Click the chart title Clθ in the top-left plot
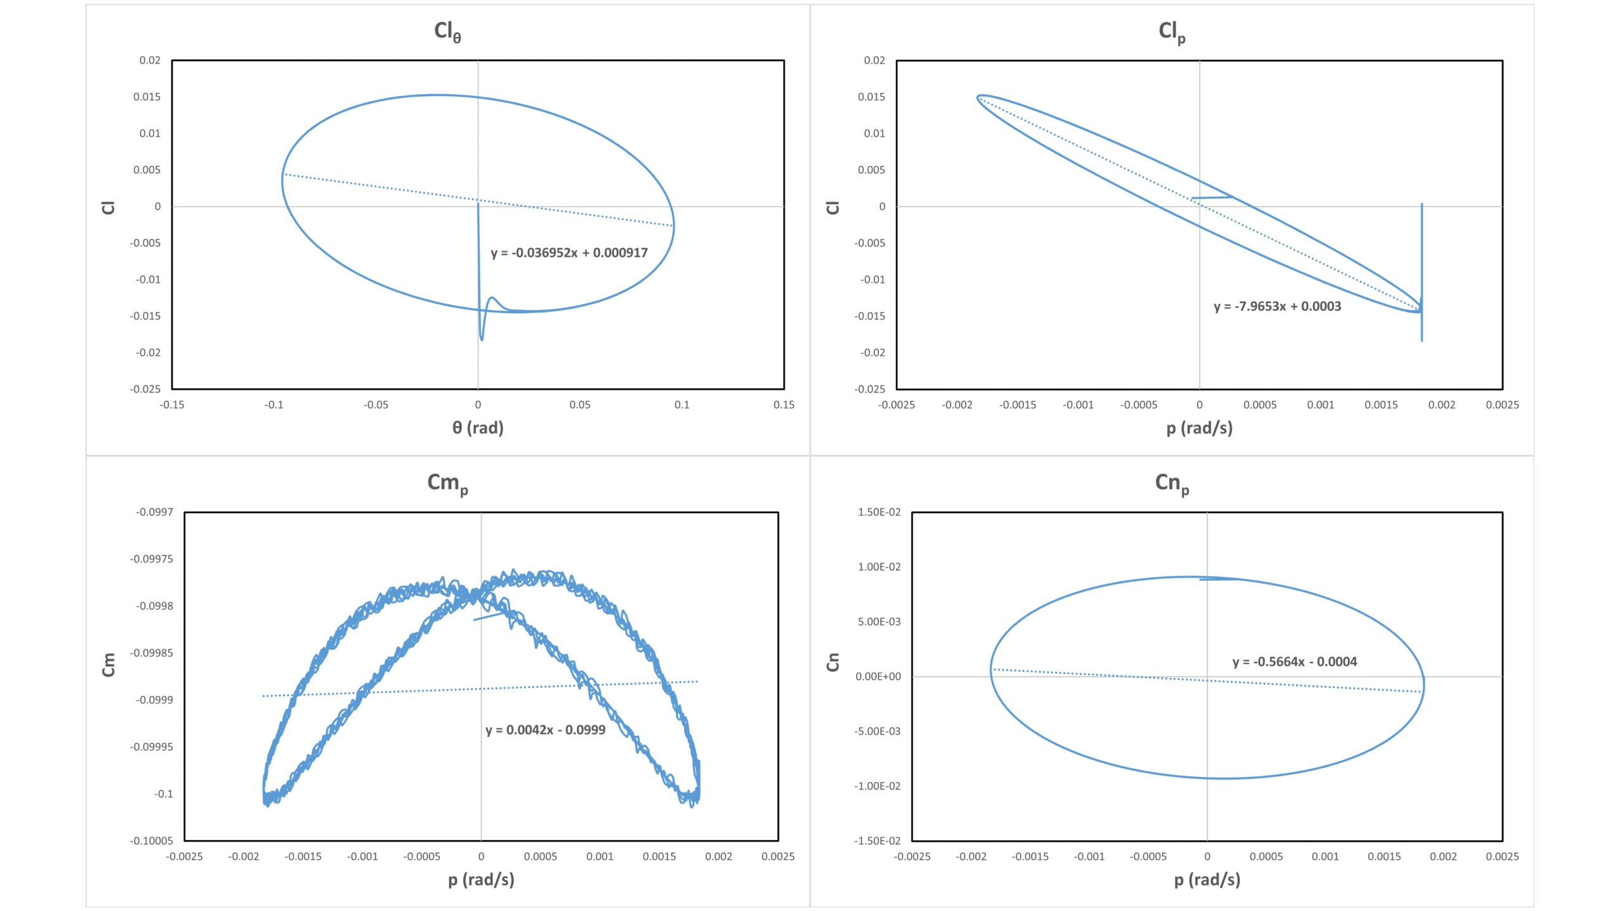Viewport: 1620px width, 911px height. [x=447, y=32]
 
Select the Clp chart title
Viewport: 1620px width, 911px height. [x=1172, y=32]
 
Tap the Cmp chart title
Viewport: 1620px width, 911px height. [x=447, y=483]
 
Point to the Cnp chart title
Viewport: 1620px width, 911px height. [x=1172, y=483]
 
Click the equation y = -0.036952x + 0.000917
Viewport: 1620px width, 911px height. [x=569, y=253]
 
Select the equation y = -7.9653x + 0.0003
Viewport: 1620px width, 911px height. [x=1277, y=307]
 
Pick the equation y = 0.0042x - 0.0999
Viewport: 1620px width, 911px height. [x=545, y=730]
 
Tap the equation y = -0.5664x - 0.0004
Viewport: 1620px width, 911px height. [x=1294, y=662]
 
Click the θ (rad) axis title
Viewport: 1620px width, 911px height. [x=478, y=428]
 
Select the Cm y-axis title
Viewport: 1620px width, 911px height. [x=109, y=665]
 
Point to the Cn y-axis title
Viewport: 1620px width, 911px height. [x=833, y=662]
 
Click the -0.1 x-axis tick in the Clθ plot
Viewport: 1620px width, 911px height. [x=273, y=405]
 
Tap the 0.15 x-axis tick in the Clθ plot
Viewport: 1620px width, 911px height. [x=783, y=405]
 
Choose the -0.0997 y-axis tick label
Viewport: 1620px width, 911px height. [x=154, y=512]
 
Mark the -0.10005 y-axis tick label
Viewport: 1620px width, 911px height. [x=151, y=841]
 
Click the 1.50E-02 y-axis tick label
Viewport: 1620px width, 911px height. [x=879, y=512]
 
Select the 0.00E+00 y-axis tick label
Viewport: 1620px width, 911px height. [x=878, y=676]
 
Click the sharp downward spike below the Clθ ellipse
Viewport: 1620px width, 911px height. [x=482, y=338]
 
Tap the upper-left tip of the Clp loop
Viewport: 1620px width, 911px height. [x=980, y=97]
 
